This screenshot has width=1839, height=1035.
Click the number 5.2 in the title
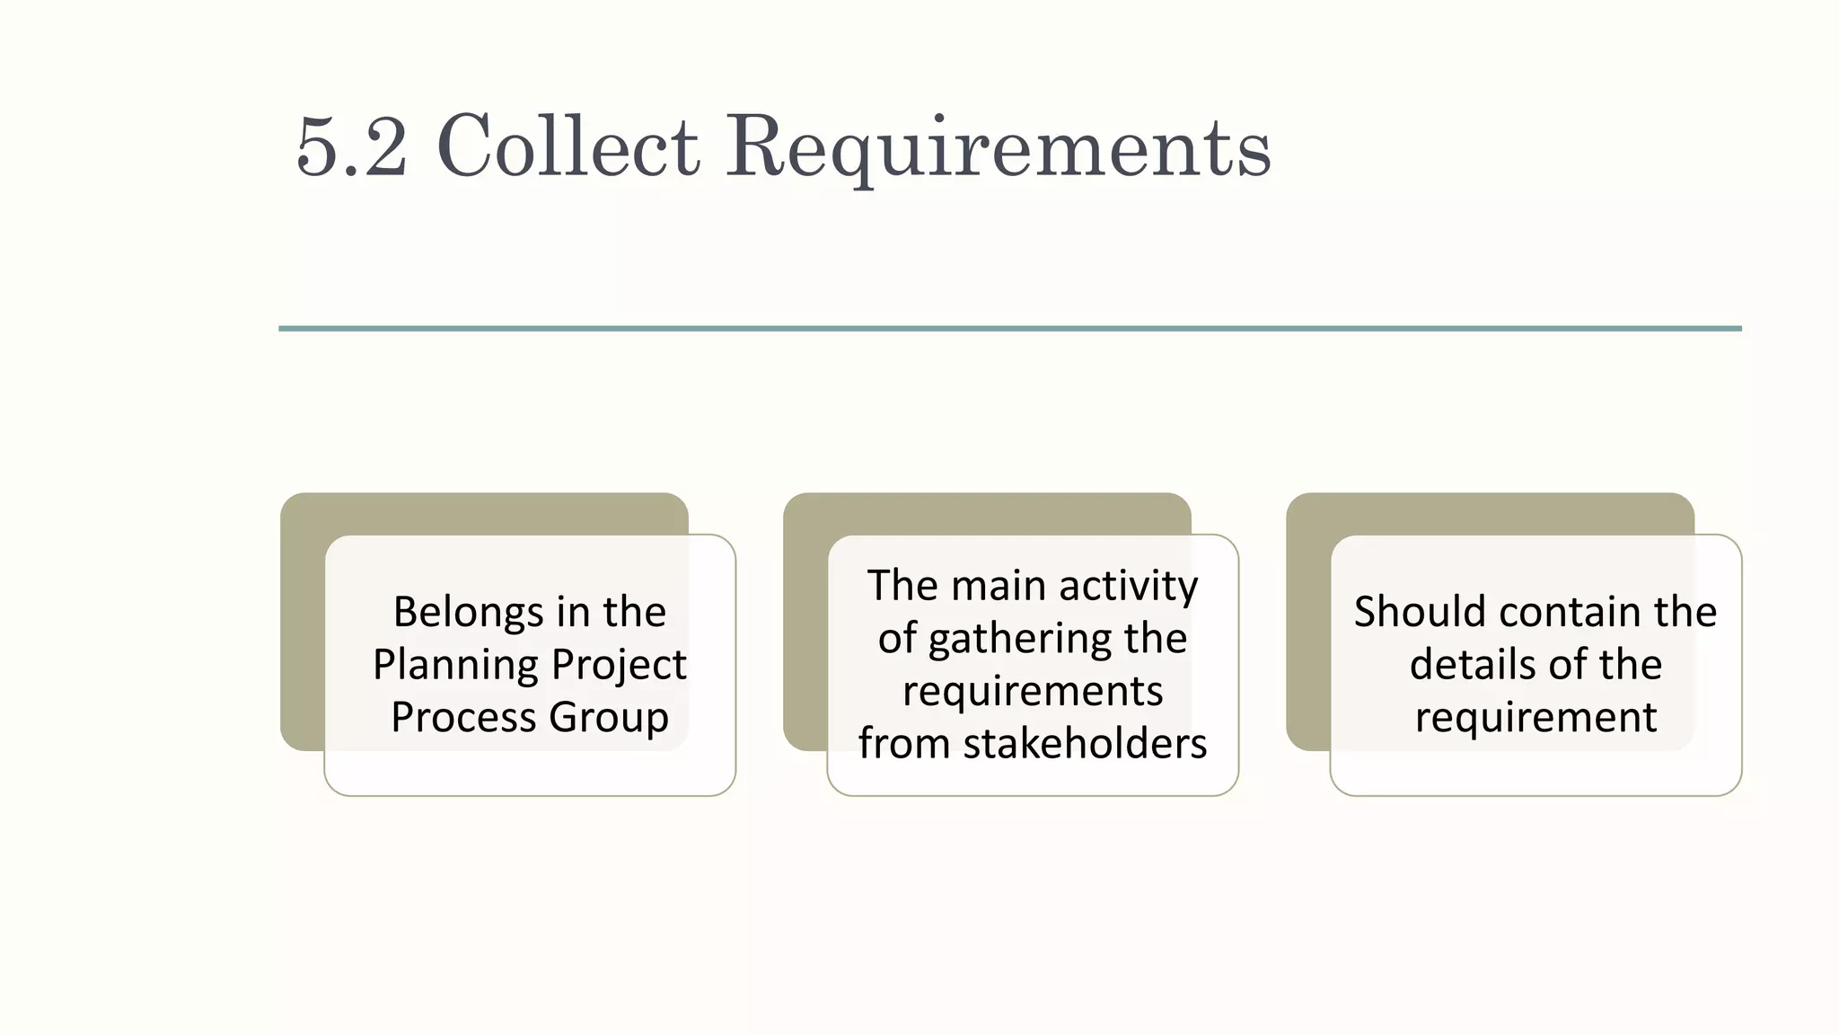[x=351, y=146]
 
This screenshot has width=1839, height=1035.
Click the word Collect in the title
[x=568, y=146]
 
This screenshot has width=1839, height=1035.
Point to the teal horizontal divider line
[x=1009, y=329]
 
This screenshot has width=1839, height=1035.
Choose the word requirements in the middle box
[x=1033, y=692]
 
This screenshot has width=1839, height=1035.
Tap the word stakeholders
[x=1085, y=744]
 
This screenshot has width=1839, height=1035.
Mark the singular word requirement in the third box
[x=1535, y=718]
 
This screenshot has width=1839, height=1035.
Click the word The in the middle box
[x=902, y=587]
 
